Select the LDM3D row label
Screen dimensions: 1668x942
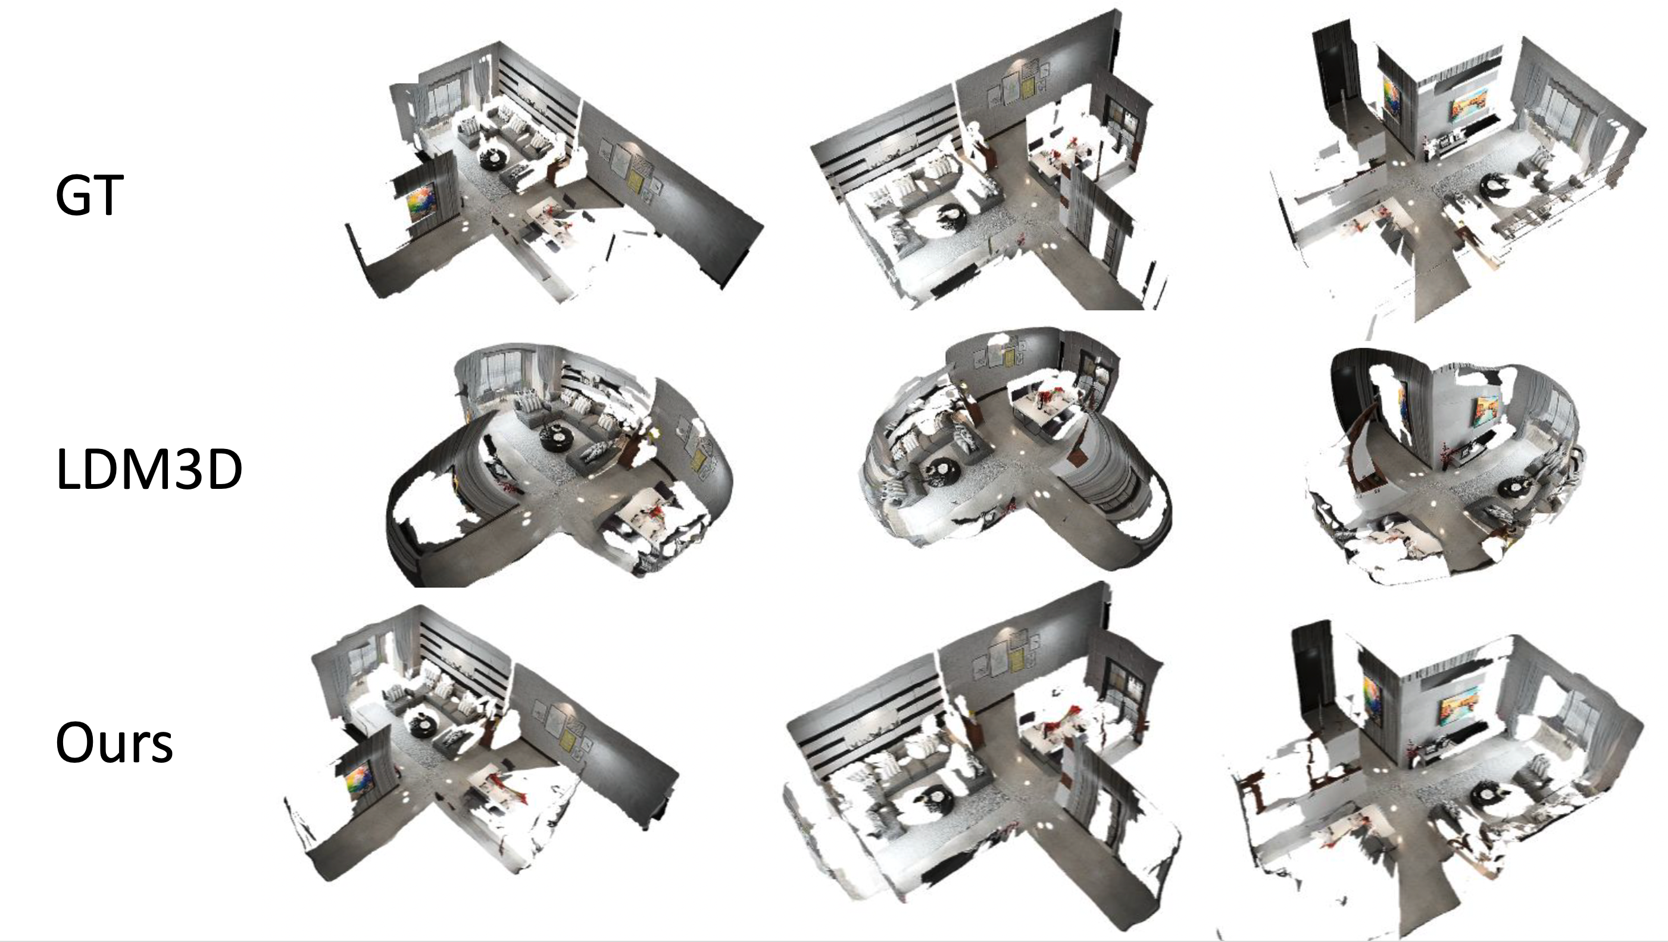pos(149,470)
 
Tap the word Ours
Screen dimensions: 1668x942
pos(115,743)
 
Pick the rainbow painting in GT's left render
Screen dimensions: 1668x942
pos(420,202)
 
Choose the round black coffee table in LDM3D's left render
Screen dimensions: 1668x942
pos(558,434)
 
